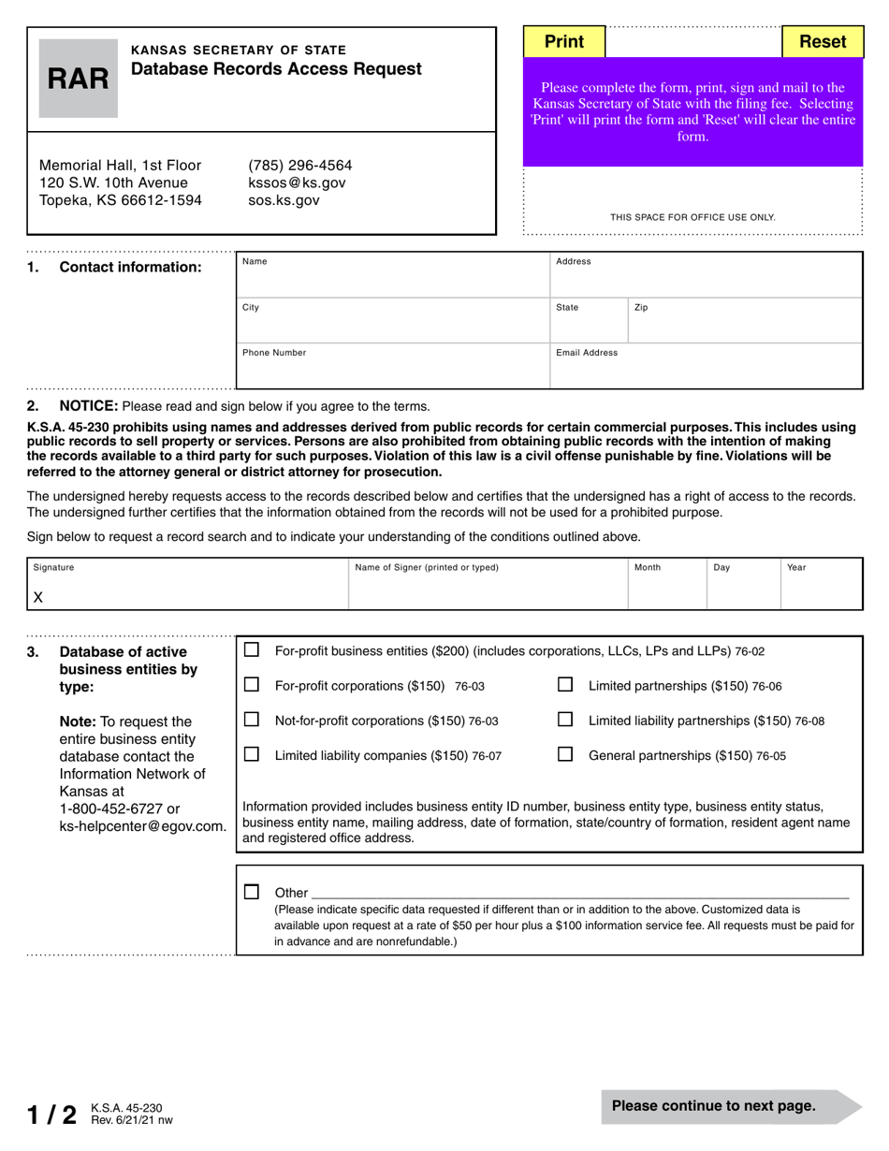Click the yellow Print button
click(x=563, y=41)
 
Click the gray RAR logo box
click(x=79, y=79)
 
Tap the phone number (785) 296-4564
click(x=300, y=165)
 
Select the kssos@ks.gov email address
click(x=297, y=182)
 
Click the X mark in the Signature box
click(x=38, y=597)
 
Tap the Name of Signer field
click(x=487, y=590)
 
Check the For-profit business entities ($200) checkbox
click(x=252, y=650)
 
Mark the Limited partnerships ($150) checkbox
click(x=565, y=685)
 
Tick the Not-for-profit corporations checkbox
click(x=252, y=720)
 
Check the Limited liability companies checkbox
click(x=252, y=754)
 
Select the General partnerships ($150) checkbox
click(x=565, y=754)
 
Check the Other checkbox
click(x=252, y=892)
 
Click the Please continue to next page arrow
click(x=730, y=1106)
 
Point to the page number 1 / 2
click(x=52, y=1114)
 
